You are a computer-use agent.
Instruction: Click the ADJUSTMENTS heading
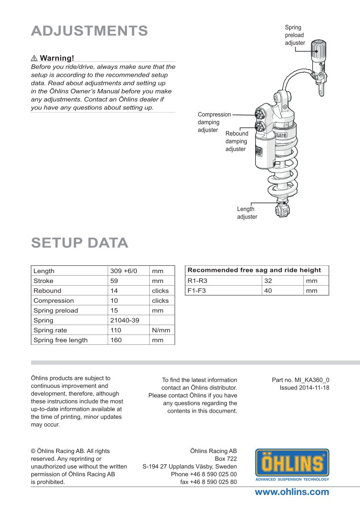[x=89, y=31]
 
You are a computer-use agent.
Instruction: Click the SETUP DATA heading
[x=80, y=243]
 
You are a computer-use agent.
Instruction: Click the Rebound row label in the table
[x=47, y=291]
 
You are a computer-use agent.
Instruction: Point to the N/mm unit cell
[x=161, y=330]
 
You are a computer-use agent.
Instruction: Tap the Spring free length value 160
[x=116, y=340]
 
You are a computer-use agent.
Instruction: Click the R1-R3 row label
[x=197, y=281]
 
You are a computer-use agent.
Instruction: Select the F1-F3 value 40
[x=269, y=291]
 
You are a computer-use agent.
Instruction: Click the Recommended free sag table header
[x=254, y=270]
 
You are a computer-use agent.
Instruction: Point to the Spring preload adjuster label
[x=295, y=35]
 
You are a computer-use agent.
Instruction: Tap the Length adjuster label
[x=247, y=213]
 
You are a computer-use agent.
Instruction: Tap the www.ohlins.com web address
[x=292, y=492]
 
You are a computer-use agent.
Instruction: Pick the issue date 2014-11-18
[x=304, y=388]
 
